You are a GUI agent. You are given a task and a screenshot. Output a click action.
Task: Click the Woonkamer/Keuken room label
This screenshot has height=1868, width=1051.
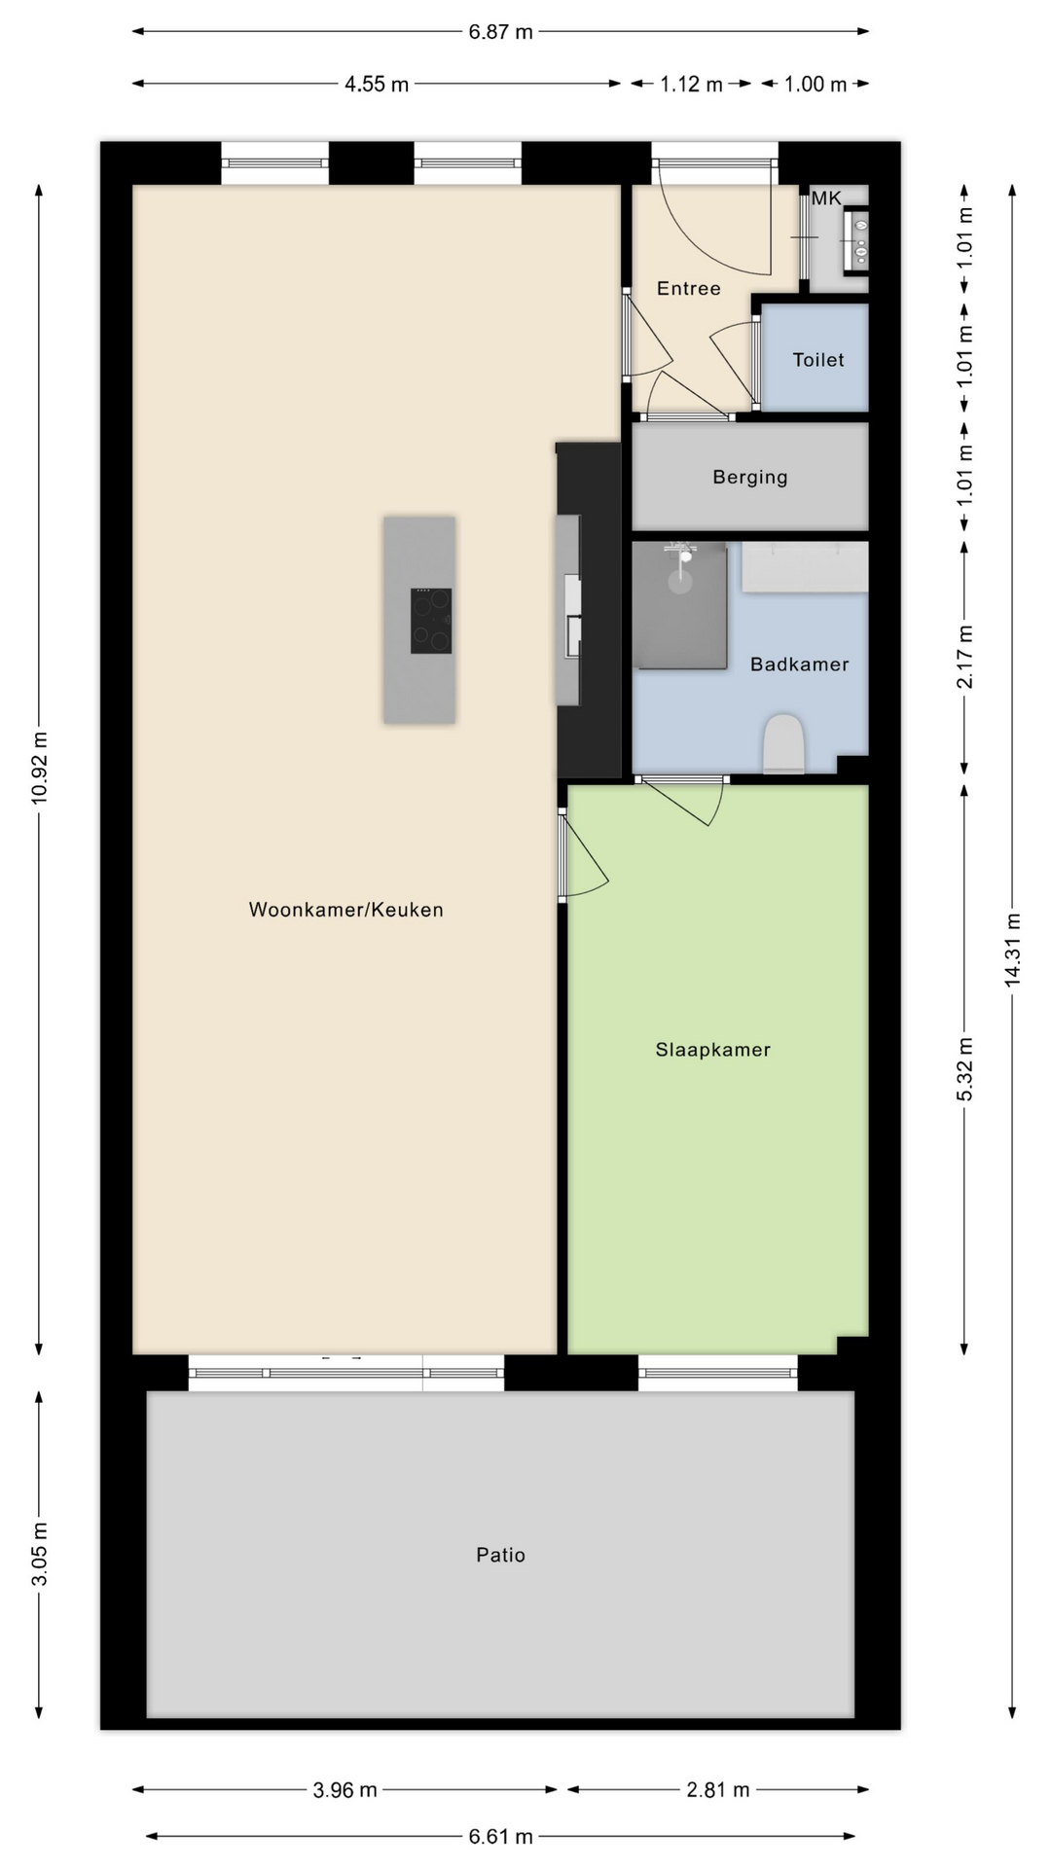point(346,910)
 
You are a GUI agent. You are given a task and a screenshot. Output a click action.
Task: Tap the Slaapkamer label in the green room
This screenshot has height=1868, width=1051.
point(713,1050)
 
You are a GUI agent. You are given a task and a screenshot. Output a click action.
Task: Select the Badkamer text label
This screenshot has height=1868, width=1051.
point(800,665)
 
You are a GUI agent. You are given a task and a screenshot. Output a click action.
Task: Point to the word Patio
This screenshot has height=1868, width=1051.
point(501,1555)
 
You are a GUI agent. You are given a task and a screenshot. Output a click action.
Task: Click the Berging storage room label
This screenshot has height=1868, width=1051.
point(750,478)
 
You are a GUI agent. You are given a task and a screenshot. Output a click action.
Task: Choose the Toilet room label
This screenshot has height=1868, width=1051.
point(818,360)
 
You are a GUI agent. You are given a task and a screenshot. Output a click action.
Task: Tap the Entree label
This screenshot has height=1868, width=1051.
point(689,288)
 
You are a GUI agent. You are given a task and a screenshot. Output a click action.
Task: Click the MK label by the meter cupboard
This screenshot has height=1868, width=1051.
point(826,198)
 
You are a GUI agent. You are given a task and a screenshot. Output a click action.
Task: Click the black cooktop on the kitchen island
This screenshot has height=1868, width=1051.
point(431,621)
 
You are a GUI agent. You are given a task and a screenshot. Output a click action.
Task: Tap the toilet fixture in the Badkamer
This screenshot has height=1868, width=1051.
point(784,744)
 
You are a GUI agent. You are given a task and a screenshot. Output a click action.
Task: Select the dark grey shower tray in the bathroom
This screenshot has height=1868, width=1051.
point(679,605)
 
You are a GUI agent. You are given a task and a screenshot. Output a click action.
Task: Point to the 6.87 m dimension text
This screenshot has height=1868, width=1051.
point(501,32)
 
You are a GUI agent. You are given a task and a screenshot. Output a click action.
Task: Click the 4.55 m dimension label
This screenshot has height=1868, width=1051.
point(377,85)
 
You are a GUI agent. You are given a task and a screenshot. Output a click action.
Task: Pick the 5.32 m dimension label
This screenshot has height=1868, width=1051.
point(965,1069)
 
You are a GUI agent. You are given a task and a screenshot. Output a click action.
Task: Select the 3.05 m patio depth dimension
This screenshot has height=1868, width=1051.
point(40,1554)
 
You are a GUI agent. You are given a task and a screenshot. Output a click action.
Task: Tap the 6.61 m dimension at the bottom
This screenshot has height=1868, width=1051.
point(501,1837)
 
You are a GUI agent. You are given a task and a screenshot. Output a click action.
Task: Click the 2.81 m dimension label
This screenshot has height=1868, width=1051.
point(718,1790)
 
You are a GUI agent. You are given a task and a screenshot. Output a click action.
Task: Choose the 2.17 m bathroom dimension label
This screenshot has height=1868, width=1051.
point(965,657)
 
